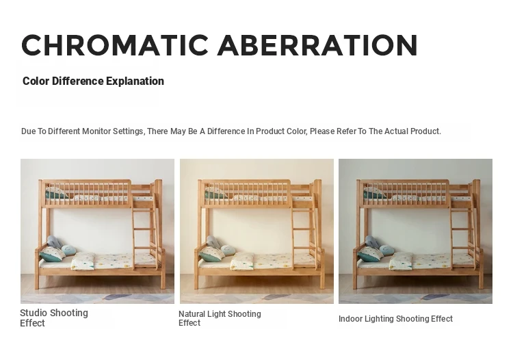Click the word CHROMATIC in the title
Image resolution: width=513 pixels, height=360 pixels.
115,45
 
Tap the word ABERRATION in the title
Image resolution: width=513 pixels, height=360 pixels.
317,45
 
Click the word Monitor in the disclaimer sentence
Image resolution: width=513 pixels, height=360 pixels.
96,131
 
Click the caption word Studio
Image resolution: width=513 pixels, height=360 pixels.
34,313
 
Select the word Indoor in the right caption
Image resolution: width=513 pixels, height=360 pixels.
350,319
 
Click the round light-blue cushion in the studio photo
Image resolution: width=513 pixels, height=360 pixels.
68,250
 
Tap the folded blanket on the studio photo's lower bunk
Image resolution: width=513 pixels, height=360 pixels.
83,261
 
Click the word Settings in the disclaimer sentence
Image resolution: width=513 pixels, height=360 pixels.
129,131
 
